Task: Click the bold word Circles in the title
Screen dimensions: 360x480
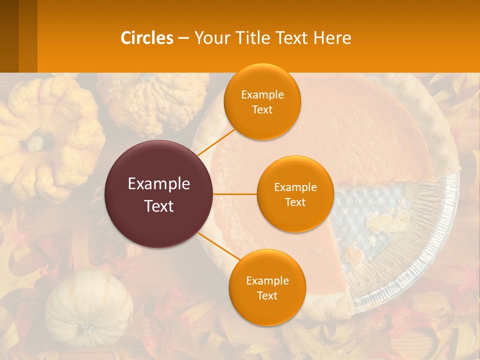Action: click(x=146, y=38)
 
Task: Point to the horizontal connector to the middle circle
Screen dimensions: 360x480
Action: click(x=235, y=194)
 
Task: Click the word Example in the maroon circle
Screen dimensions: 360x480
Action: click(x=159, y=184)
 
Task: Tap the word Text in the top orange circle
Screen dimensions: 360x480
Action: click(x=262, y=109)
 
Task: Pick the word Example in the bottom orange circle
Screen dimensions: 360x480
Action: click(x=267, y=280)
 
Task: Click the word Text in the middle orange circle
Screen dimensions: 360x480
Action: click(x=295, y=202)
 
